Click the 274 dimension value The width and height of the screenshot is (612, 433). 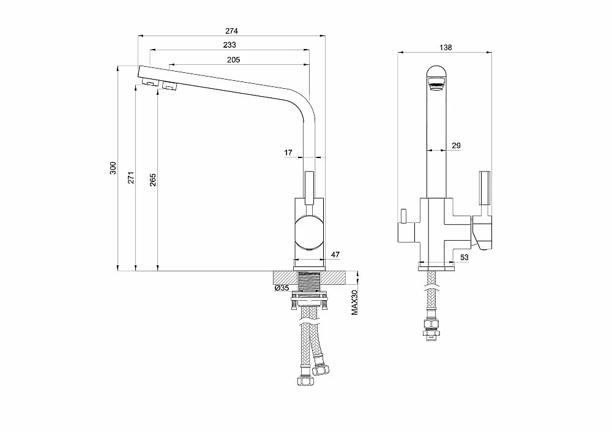pyautogui.click(x=231, y=31)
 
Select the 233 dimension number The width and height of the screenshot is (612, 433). pyautogui.click(x=229, y=45)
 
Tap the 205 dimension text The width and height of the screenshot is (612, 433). pyautogui.click(x=233, y=60)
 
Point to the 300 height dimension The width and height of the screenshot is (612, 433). pyautogui.click(x=113, y=167)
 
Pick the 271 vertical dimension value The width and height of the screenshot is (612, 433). pyautogui.click(x=131, y=177)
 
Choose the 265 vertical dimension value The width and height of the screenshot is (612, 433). pyautogui.click(x=152, y=179)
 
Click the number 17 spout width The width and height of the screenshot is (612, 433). pyautogui.click(x=288, y=152)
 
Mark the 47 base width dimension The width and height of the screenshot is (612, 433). pyautogui.click(x=335, y=255)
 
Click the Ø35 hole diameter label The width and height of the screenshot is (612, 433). pyautogui.click(x=282, y=288)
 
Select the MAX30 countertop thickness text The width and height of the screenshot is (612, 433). pyautogui.click(x=354, y=302)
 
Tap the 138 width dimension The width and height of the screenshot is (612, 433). pyautogui.click(x=446, y=47)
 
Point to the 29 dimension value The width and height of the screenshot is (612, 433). pyautogui.click(x=456, y=146)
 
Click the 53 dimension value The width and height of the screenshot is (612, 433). pyautogui.click(x=464, y=257)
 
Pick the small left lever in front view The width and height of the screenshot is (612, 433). pyautogui.click(x=403, y=216)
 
